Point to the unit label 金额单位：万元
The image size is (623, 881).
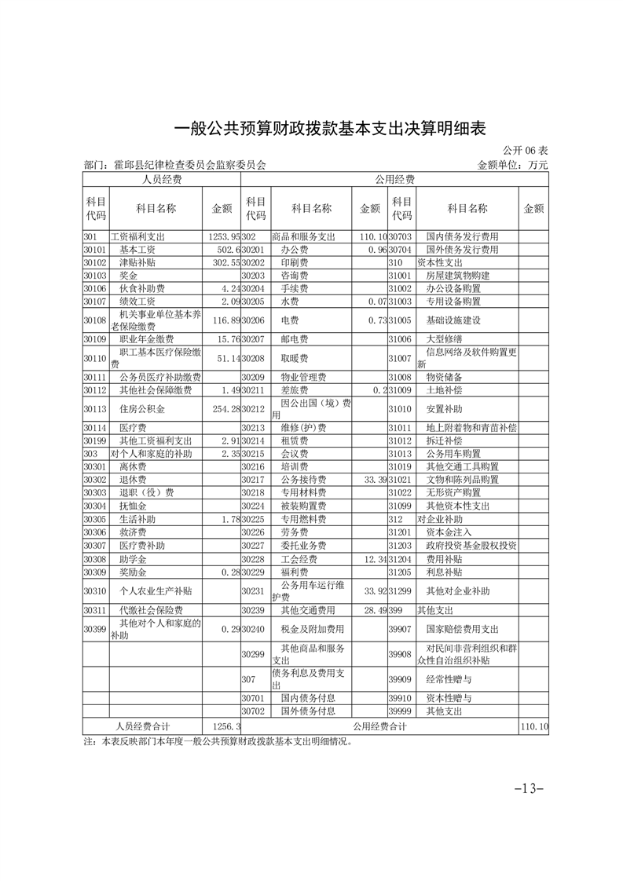pyautogui.click(x=512, y=166)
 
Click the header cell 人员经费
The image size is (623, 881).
pyautogui.click(x=162, y=181)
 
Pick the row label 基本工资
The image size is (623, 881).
pyautogui.click(x=134, y=250)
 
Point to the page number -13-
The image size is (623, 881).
pyautogui.click(x=530, y=788)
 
